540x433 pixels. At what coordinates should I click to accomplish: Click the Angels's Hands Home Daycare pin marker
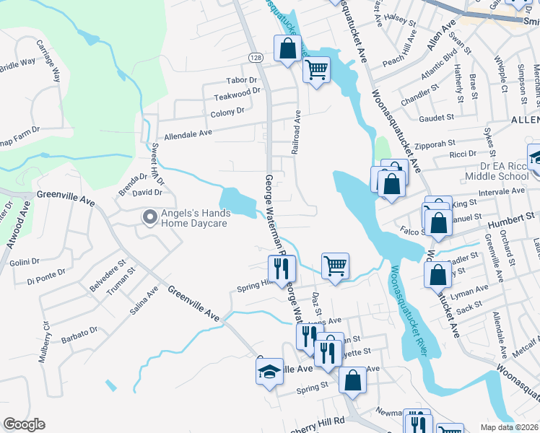point(149,216)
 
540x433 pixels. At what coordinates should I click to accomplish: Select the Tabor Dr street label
point(242,80)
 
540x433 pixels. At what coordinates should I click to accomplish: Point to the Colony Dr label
point(227,112)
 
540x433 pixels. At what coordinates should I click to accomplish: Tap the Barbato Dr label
point(80,333)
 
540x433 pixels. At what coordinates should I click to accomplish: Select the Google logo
point(24,424)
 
